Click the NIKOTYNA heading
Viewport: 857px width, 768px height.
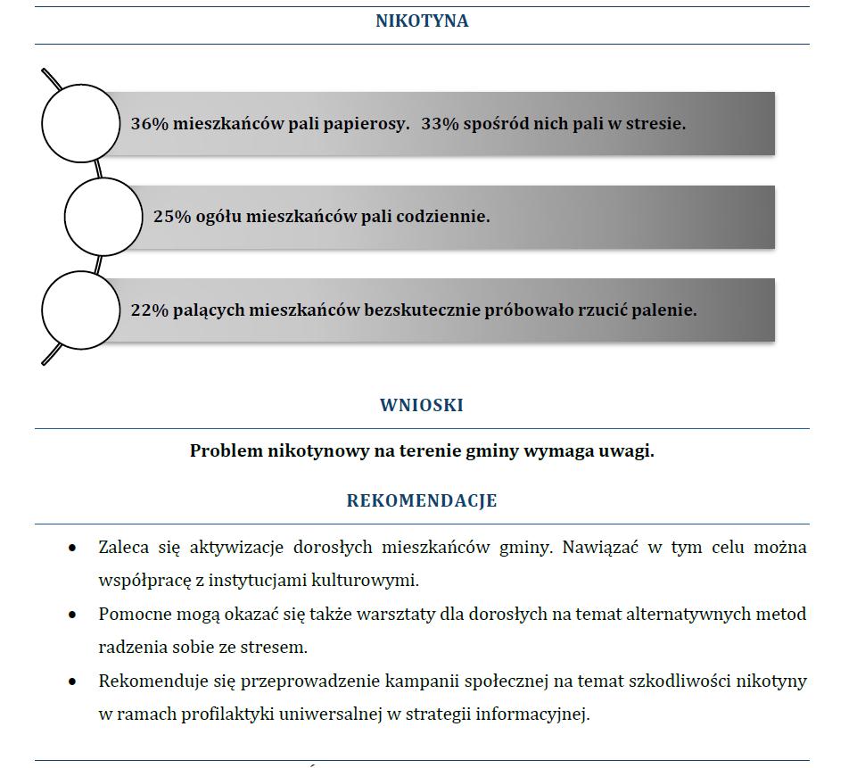click(x=422, y=21)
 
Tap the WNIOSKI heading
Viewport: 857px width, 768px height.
click(x=422, y=405)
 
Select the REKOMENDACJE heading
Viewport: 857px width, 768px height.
click(x=422, y=500)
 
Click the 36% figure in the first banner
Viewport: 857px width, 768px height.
click(x=149, y=123)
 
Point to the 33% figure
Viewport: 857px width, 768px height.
click(x=440, y=123)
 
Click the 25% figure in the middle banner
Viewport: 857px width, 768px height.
click(x=172, y=217)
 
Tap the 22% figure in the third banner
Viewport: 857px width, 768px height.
click(x=149, y=310)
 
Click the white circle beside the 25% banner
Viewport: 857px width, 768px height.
click(x=103, y=217)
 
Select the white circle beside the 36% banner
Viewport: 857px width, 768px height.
click(x=81, y=123)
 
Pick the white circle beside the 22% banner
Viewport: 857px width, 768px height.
click(x=81, y=310)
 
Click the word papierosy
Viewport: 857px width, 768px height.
click(x=367, y=124)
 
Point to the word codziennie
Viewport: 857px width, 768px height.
click(x=443, y=217)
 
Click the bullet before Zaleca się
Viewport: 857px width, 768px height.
click(x=72, y=548)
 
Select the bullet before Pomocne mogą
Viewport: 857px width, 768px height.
click(x=72, y=615)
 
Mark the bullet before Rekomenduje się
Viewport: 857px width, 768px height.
click(x=72, y=681)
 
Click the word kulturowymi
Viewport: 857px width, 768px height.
click(x=365, y=580)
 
